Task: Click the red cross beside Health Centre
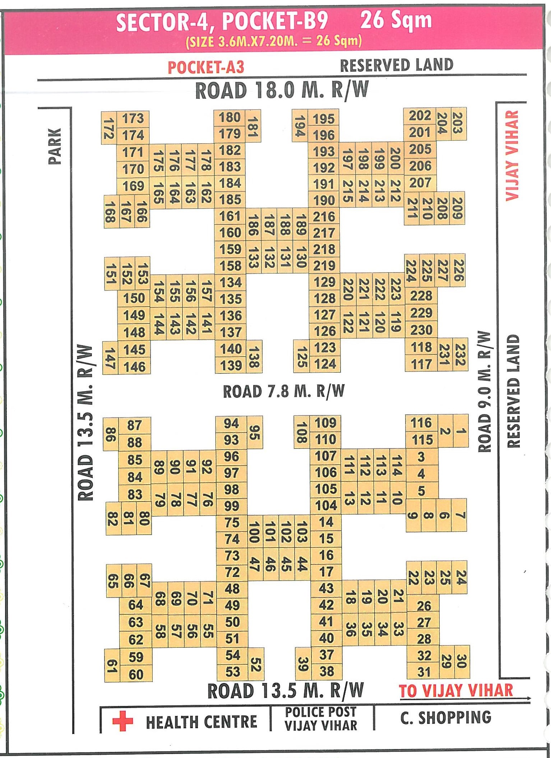pos(122,721)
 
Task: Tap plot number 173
pos(133,118)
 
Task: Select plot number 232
pos(460,354)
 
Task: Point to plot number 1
pos(461,431)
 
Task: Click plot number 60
pos(136,674)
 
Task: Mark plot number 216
pos(324,217)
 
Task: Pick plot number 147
pos(110,358)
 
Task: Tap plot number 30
pos(461,661)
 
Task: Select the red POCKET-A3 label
pos(206,68)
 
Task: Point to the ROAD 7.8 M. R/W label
pos(284,391)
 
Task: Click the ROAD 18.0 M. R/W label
pos(282,90)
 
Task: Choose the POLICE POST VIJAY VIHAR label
pos(321,719)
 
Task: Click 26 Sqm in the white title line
pos(396,20)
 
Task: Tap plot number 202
pos(420,116)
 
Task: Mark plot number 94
pos(231,423)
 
